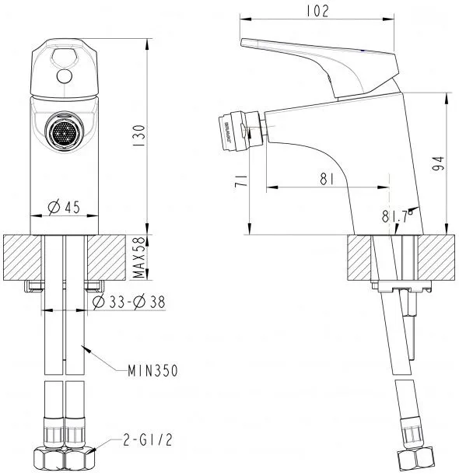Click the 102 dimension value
317,12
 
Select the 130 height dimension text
140,135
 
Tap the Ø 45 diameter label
64,207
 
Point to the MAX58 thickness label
139,257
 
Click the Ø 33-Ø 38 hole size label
129,302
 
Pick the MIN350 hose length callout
152,371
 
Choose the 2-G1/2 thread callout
148,440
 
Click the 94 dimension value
438,164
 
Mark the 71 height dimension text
242,180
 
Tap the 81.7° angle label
398,216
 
